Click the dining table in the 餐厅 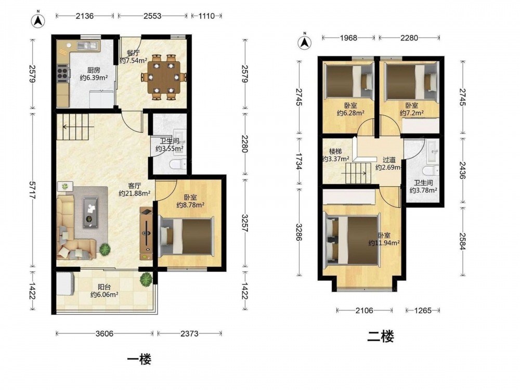point(164,77)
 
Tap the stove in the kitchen point(62,73)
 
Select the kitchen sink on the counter point(87,45)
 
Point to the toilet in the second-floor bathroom point(431,171)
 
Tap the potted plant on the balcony point(146,279)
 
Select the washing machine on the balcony point(65,283)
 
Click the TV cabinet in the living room point(146,233)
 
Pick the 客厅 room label point(135,186)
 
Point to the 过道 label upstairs point(389,160)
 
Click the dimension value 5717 point(32,190)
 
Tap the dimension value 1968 point(348,38)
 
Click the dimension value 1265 point(423,310)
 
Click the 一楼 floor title point(139,359)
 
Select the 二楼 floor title point(381,337)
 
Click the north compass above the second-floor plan point(304,42)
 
